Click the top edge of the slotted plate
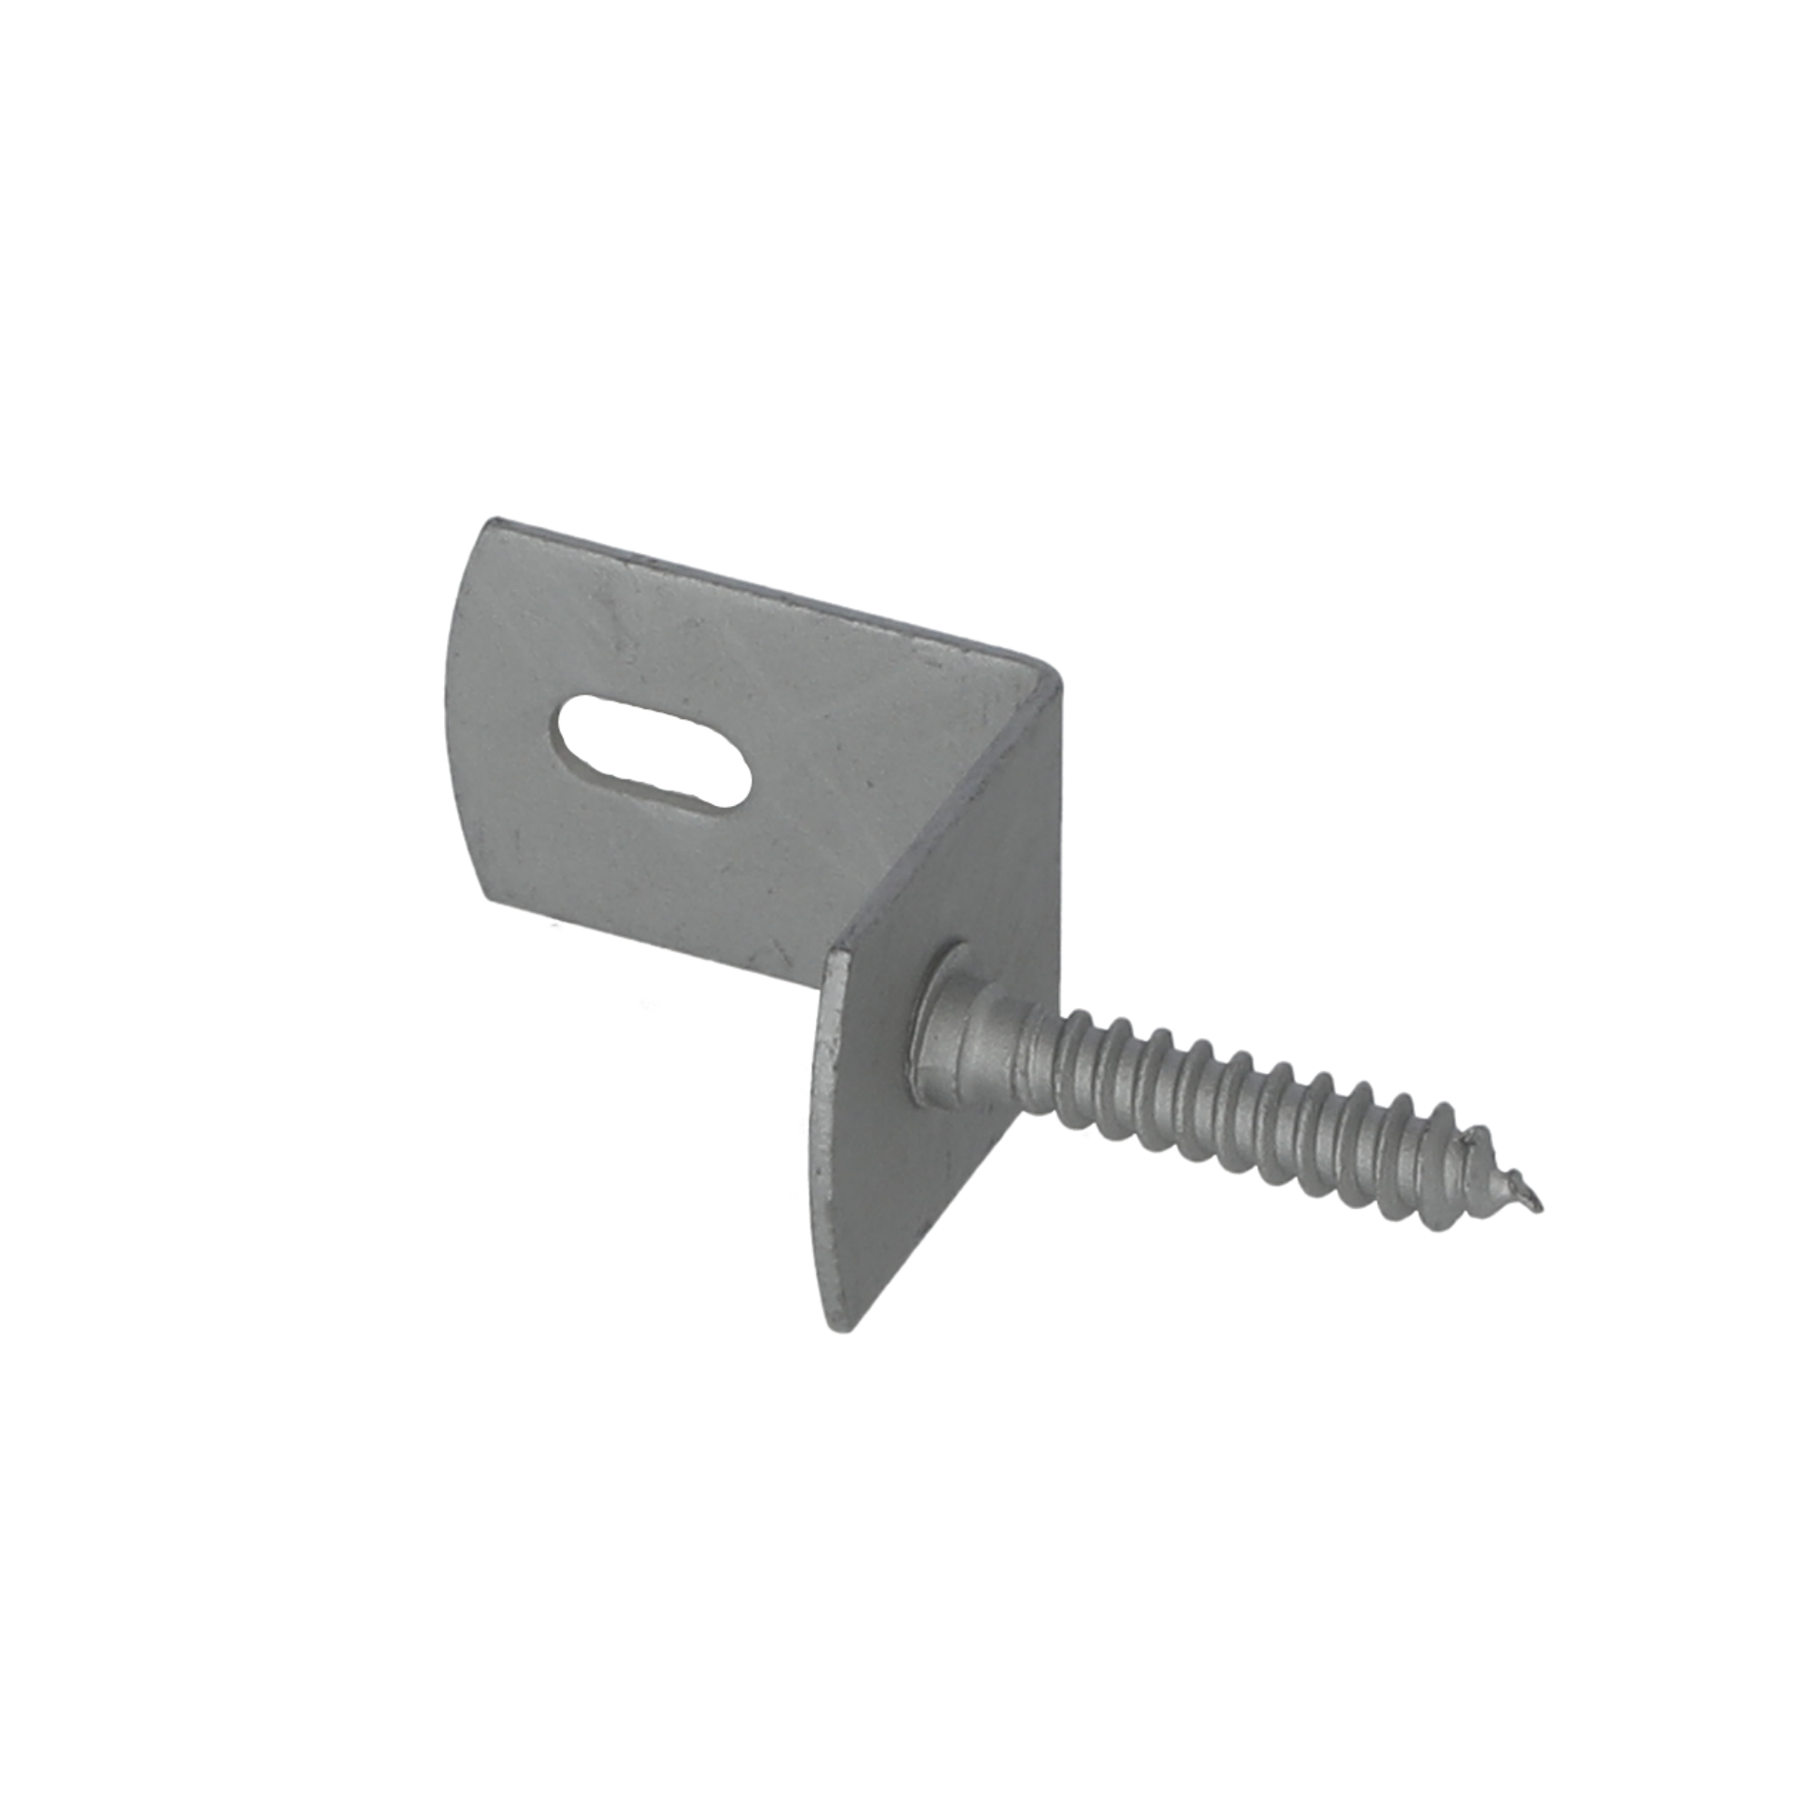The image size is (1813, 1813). click(751, 582)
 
